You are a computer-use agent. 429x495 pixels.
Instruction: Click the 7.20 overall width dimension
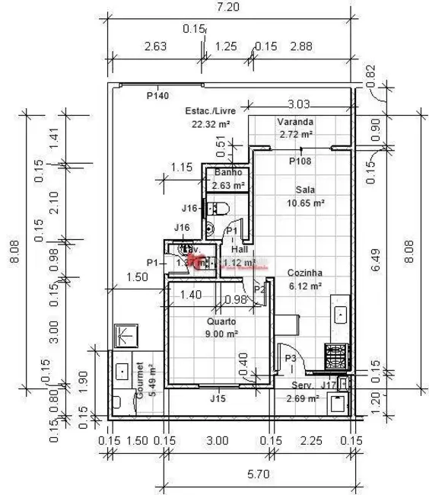[229, 8]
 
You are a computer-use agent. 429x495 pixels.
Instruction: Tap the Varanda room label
[295, 122]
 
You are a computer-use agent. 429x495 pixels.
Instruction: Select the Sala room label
[306, 190]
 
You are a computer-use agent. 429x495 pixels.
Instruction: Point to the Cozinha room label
[305, 273]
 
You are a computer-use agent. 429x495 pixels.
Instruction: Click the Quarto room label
[221, 322]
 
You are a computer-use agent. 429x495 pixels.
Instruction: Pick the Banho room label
[227, 173]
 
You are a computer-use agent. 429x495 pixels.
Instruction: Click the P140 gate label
[157, 96]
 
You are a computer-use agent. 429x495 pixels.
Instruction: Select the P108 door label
[300, 161]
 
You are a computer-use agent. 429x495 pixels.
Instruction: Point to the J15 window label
[218, 398]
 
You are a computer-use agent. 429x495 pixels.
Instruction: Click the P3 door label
[290, 358]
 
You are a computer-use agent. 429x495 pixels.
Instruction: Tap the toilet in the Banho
[219, 208]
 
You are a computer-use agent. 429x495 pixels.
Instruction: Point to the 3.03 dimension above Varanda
[299, 104]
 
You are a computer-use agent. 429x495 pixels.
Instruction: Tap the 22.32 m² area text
[211, 123]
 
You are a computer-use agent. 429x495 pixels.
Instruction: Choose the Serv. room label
[298, 386]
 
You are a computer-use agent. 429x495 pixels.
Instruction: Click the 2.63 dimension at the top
[155, 46]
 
